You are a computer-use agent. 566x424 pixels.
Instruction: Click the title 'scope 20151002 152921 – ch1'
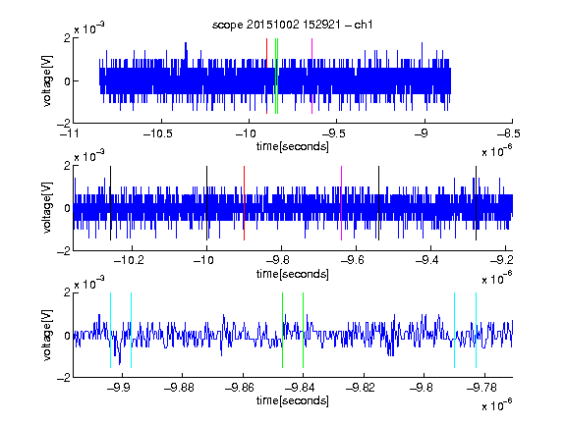pyautogui.click(x=293, y=25)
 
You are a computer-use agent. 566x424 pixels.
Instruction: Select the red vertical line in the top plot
pyautogui.click(x=266, y=77)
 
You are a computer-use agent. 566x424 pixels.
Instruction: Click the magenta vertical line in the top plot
pyautogui.click(x=311, y=77)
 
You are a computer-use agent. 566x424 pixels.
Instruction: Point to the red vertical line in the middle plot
pyautogui.click(x=244, y=203)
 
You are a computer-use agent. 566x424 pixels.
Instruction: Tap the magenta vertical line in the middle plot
pyautogui.click(x=341, y=203)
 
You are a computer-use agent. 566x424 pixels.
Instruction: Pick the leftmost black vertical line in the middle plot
pyautogui.click(x=110, y=203)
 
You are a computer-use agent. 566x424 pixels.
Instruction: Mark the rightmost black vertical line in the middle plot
pyautogui.click(x=476, y=203)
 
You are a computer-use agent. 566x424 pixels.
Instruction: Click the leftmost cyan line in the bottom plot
pyautogui.click(x=110, y=330)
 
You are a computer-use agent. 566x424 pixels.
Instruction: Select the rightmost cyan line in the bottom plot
pyautogui.click(x=476, y=330)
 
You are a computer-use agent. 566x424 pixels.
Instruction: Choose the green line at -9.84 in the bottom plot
pyautogui.click(x=303, y=330)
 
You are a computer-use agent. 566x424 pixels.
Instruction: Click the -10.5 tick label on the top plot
pyautogui.click(x=158, y=133)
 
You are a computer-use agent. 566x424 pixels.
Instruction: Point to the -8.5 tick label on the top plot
pyautogui.click(x=509, y=133)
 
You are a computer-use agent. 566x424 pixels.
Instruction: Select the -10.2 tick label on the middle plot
pyautogui.click(x=129, y=260)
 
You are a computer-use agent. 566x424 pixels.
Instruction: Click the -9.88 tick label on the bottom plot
pyautogui.click(x=179, y=388)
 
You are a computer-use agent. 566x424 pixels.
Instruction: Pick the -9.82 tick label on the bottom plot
pyautogui.click(x=361, y=388)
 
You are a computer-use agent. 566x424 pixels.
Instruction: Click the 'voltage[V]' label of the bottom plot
pyautogui.click(x=47, y=335)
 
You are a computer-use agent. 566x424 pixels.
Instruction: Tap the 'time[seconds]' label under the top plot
pyautogui.click(x=293, y=146)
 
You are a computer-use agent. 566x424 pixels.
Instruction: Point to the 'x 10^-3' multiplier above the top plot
pyautogui.click(x=89, y=27)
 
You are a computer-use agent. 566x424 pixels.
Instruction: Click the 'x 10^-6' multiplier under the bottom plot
pyautogui.click(x=496, y=404)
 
